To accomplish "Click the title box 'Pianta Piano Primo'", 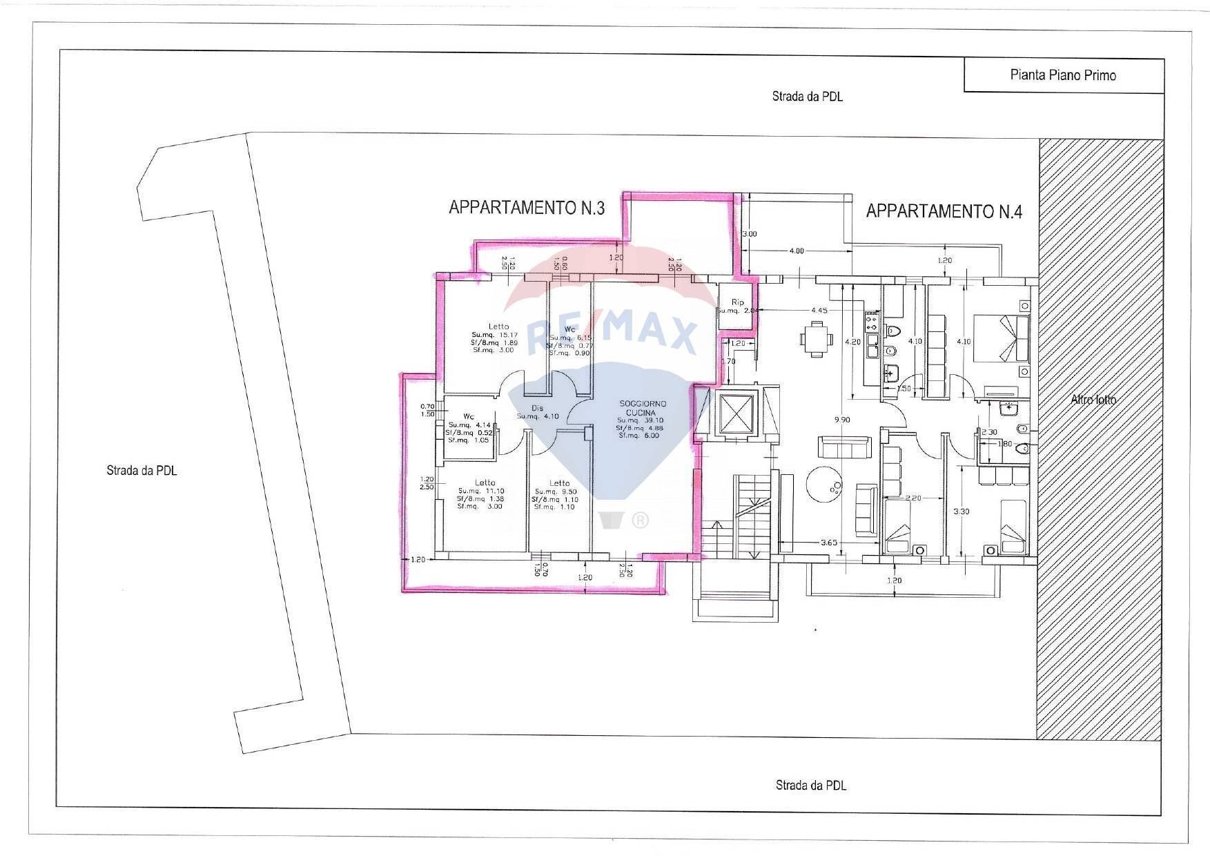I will [x=1063, y=75].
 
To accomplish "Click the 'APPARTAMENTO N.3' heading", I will [x=527, y=207].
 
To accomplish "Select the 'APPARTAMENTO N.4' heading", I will [x=944, y=211].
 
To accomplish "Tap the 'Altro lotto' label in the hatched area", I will [x=1093, y=399].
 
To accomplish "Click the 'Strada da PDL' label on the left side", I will [x=142, y=471].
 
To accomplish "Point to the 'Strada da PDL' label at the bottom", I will [x=810, y=785].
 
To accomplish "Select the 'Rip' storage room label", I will [x=738, y=302].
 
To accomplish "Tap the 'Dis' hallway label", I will [x=537, y=408].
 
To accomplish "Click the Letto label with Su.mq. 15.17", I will [x=498, y=327].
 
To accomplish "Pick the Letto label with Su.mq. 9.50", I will [x=559, y=483].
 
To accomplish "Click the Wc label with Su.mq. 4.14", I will [x=469, y=416].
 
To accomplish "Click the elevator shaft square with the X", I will [x=738, y=414].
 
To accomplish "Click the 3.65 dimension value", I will [x=828, y=543].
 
